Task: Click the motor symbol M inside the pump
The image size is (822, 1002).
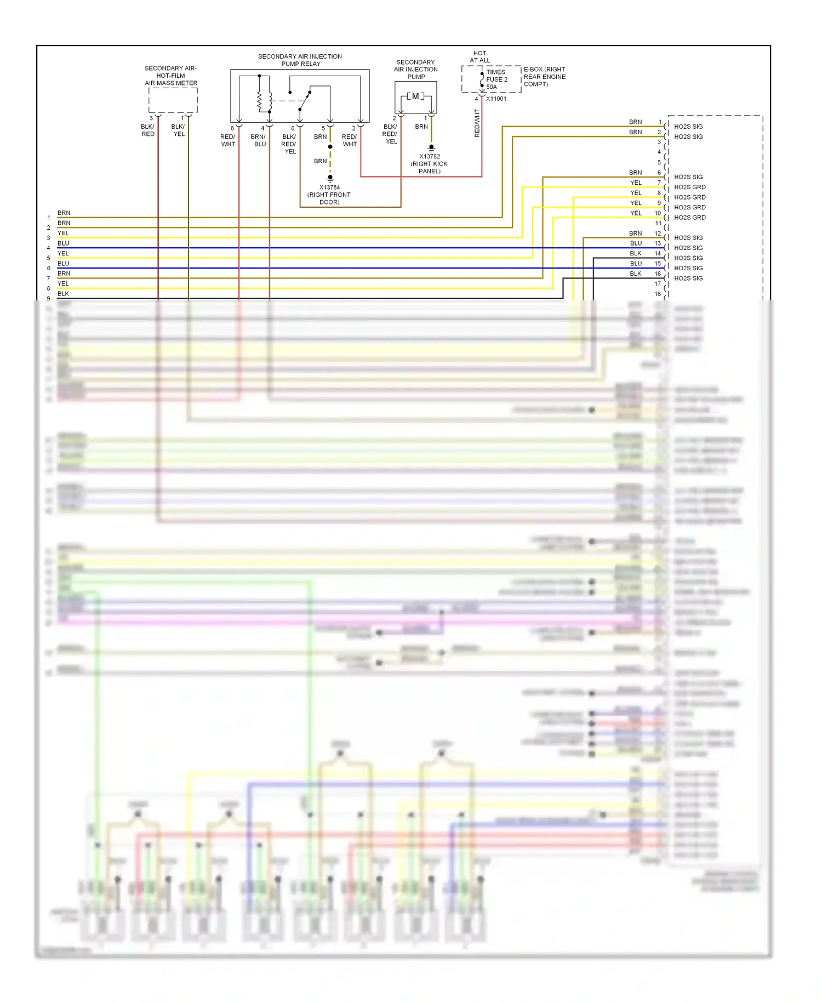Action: click(415, 96)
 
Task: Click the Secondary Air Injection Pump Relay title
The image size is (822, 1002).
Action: click(300, 60)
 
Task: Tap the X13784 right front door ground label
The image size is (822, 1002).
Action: click(329, 195)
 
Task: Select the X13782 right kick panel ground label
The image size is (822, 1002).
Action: click(430, 164)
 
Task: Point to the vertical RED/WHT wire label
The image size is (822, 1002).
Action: click(477, 123)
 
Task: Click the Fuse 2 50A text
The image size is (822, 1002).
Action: click(496, 79)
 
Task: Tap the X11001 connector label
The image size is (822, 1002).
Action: click(496, 99)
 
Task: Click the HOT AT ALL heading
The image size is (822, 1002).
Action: click(480, 57)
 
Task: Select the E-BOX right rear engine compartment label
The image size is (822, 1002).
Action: click(544, 77)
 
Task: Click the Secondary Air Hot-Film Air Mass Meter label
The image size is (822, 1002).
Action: click(171, 76)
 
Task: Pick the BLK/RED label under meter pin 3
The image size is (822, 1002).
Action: click(148, 130)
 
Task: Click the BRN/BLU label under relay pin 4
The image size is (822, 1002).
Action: click(259, 140)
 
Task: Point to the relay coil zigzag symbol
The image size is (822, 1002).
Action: click(260, 100)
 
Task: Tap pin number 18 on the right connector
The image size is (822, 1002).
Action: click(658, 294)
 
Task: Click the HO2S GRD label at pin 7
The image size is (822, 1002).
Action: click(689, 187)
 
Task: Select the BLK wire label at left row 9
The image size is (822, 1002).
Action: click(63, 294)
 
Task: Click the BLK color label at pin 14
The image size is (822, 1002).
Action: click(636, 253)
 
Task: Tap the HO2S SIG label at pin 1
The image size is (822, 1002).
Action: click(688, 127)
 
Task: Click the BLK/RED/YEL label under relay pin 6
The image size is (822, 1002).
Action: click(289, 144)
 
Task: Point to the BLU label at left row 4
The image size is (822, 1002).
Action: click(63, 243)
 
